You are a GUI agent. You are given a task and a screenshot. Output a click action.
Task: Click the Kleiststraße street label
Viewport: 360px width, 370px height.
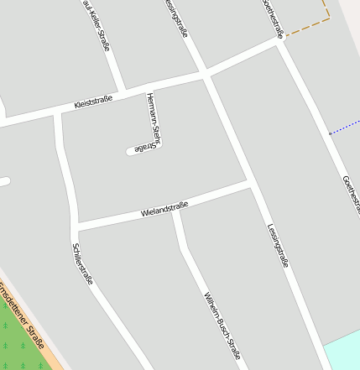click(92, 104)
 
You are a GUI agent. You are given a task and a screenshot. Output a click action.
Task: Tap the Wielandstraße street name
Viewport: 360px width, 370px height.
click(165, 209)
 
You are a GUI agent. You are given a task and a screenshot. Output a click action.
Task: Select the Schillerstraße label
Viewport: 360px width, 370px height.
click(82, 263)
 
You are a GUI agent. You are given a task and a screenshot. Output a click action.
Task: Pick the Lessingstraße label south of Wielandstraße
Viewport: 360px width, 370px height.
click(279, 245)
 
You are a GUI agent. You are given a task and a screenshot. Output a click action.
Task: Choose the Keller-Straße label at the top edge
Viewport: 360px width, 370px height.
click(97, 23)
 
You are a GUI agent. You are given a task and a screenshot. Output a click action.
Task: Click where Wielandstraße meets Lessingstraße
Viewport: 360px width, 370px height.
click(251, 182)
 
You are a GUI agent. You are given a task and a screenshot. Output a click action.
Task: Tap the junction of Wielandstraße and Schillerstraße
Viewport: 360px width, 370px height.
click(74, 227)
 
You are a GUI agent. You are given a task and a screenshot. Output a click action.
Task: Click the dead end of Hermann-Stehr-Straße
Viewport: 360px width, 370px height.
click(131, 151)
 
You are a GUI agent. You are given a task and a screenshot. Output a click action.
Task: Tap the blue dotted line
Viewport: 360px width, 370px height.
click(345, 128)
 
